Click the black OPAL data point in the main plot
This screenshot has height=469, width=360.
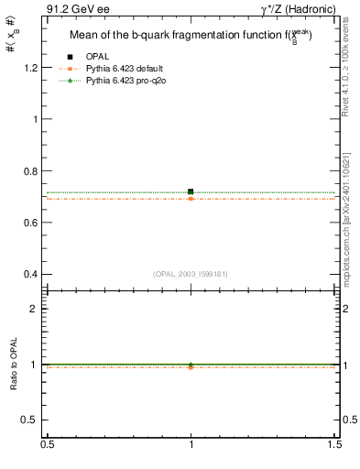click(191, 191)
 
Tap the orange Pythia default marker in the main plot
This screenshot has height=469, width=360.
click(191, 199)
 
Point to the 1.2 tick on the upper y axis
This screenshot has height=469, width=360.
click(30, 68)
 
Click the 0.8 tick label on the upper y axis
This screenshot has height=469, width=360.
click(30, 171)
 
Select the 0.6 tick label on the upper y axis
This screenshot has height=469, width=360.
click(30, 223)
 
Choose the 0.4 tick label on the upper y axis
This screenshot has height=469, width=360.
click(30, 274)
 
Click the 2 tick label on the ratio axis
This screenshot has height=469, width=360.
click(34, 309)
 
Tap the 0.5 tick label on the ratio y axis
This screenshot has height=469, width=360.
click(30, 420)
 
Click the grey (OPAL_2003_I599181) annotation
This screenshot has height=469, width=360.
click(191, 273)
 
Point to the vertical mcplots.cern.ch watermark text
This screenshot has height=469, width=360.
click(348, 210)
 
